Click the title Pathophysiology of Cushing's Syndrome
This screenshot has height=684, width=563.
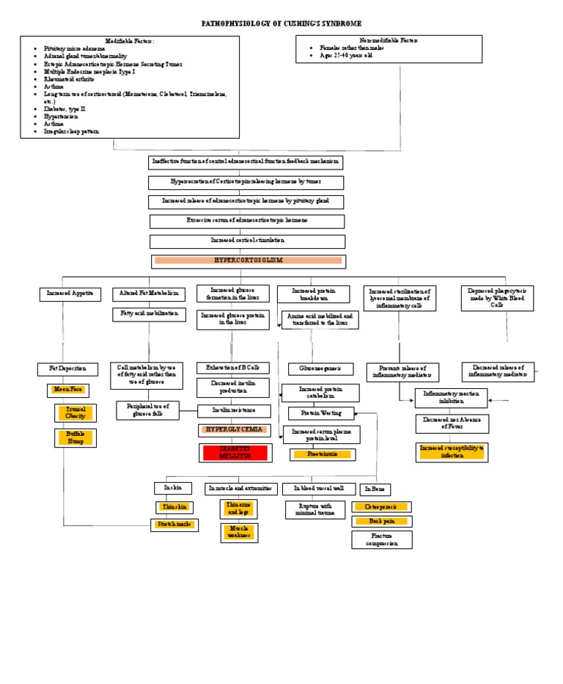[281, 24]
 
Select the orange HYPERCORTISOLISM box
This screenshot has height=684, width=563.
[248, 261]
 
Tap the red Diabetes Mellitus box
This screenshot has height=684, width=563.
[233, 452]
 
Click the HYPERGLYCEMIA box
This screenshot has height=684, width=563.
[232, 430]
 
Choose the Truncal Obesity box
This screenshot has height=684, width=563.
[76, 412]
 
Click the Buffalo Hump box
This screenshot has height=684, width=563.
[76, 438]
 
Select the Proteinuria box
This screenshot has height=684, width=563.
[323, 454]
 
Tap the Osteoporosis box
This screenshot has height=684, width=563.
[381, 506]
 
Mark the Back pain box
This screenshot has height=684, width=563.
[381, 521]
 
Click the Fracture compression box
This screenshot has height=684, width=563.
[381, 540]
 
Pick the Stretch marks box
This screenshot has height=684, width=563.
[174, 525]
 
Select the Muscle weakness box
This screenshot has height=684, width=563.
[239, 532]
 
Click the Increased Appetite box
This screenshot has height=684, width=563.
[70, 294]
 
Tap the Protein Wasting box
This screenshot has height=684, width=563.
[321, 413]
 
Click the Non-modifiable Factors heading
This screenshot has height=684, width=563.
[388, 41]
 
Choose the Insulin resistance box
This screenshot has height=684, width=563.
[233, 411]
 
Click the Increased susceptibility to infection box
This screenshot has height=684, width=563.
[452, 451]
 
